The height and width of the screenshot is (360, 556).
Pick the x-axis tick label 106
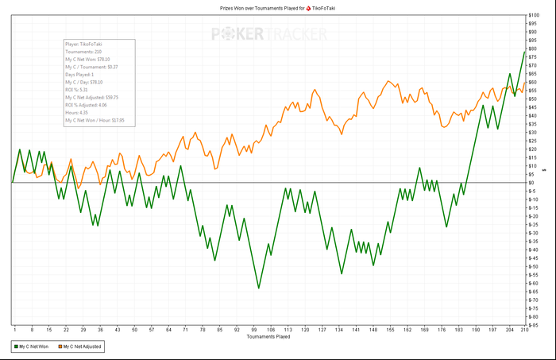(x=271, y=330)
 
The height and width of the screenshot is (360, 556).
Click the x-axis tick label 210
(x=525, y=330)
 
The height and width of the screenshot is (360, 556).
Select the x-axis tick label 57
(x=151, y=330)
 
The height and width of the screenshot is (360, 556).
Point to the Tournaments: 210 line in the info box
(x=84, y=52)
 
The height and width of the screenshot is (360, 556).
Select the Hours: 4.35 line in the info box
(x=78, y=112)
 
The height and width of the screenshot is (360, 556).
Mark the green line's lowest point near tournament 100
(x=257, y=288)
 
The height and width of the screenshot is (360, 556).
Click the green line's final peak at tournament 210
(x=525, y=52)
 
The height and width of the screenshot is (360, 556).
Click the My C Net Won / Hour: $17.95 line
(x=95, y=120)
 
